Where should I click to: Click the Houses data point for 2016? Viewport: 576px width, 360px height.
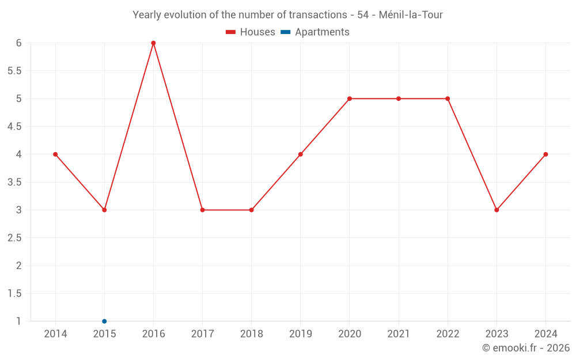point(153,43)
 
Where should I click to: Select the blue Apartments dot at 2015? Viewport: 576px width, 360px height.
point(104,321)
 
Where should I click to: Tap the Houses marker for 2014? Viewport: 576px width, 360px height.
point(55,154)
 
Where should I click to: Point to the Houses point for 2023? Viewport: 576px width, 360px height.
point(497,210)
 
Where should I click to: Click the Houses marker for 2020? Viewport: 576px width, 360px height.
point(350,98)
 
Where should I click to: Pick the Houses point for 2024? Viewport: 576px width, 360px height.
point(545,154)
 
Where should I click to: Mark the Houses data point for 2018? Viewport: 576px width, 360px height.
point(251,210)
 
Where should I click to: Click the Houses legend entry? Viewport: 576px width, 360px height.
point(251,32)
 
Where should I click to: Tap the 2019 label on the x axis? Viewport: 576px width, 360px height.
point(300,334)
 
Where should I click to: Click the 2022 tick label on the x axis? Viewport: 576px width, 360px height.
point(448,334)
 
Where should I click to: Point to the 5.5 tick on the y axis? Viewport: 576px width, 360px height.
point(14,71)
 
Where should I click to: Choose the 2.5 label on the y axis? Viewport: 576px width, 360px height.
point(14,238)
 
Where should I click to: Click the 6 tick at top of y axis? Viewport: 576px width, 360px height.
point(18,43)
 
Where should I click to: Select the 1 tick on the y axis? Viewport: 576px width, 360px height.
point(18,321)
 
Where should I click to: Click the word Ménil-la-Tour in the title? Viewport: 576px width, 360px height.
point(411,15)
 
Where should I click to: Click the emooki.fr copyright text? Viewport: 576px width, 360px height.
point(526,348)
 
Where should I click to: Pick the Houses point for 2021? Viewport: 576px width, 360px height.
point(399,98)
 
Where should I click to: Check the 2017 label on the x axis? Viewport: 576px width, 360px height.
point(202,334)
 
